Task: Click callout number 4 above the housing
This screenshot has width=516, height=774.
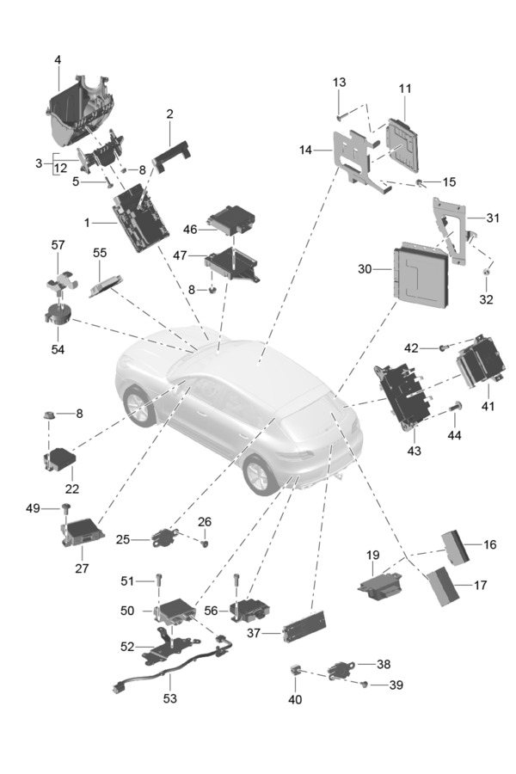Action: tap(58, 60)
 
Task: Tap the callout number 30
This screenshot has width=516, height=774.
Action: tap(365, 269)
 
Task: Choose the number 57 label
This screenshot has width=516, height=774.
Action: tap(58, 245)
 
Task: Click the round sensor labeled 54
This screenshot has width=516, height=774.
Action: tap(58, 311)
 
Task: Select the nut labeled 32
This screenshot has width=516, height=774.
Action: tap(486, 274)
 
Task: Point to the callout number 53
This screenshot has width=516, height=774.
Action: tap(169, 698)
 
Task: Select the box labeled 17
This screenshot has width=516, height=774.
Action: tap(443, 586)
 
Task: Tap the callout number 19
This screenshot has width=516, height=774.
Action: tap(372, 555)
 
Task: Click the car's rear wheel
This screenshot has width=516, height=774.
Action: tap(260, 474)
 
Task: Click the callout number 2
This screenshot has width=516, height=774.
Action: tap(169, 114)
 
